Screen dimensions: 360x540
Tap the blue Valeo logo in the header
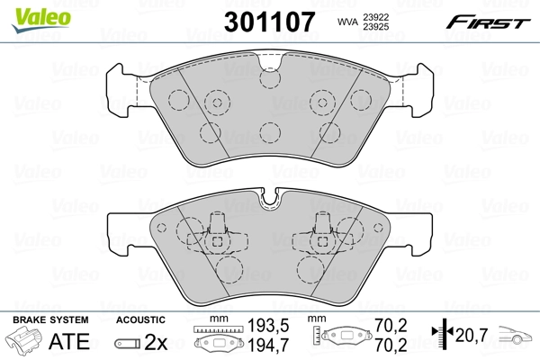29,11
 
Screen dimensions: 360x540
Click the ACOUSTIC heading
141,319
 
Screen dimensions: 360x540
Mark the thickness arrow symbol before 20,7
442,334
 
